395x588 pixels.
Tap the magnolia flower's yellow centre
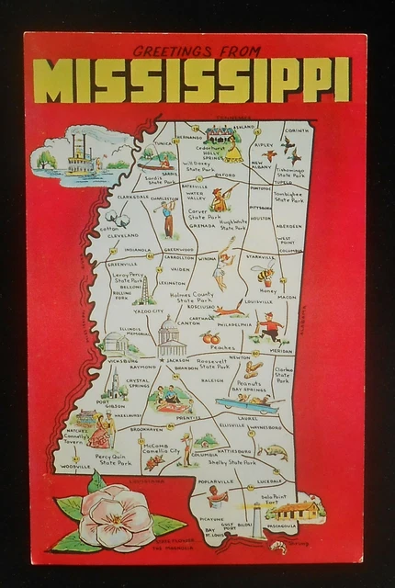pos(117,514)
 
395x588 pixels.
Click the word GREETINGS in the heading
pos(170,51)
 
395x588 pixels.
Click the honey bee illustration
pos(266,276)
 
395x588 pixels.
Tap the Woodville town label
pos(77,467)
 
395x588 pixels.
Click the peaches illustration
pos(210,337)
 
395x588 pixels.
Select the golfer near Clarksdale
pos(165,218)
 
